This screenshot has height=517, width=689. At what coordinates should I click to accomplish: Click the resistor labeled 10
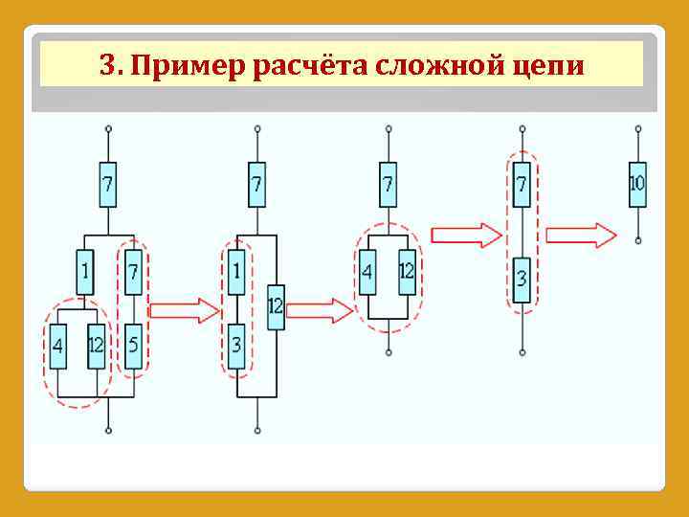tap(637, 184)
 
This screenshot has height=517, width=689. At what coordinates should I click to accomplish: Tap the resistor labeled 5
tap(133, 347)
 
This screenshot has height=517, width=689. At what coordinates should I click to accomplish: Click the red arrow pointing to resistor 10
tap(582, 235)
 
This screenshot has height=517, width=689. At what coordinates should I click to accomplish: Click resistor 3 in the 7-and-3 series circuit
tap(522, 280)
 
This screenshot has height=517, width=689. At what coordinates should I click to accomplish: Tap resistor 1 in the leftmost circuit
tap(85, 273)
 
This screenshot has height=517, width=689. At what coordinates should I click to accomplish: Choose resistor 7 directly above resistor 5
tap(133, 273)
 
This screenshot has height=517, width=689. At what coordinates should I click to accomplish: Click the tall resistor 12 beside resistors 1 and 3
tap(276, 306)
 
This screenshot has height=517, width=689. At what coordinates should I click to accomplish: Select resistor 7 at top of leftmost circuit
tap(108, 185)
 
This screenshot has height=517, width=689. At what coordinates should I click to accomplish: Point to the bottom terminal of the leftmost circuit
tap(108, 431)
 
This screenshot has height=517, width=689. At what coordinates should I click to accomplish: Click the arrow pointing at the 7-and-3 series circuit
tap(466, 235)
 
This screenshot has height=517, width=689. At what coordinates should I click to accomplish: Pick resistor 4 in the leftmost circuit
tap(58, 347)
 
